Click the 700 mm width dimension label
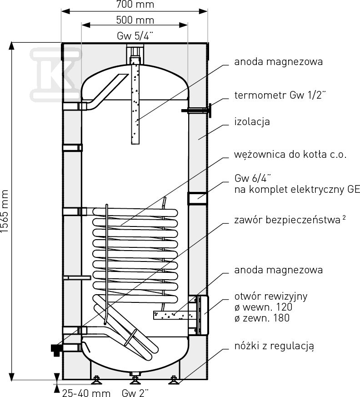click(135, 5)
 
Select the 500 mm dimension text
click(135, 20)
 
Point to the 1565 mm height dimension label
click(5, 211)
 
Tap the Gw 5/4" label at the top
click(135, 36)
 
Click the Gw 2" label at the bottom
click(135, 392)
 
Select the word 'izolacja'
click(253, 122)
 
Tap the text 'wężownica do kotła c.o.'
click(290, 154)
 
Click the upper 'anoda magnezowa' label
click(279, 61)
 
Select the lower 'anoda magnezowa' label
click(279, 270)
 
